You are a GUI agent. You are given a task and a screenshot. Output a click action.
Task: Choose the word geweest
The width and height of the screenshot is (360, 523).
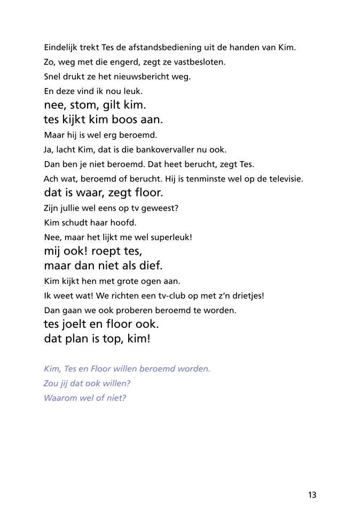click(160, 208)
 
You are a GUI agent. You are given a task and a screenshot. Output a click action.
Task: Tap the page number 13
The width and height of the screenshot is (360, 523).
click(312, 495)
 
